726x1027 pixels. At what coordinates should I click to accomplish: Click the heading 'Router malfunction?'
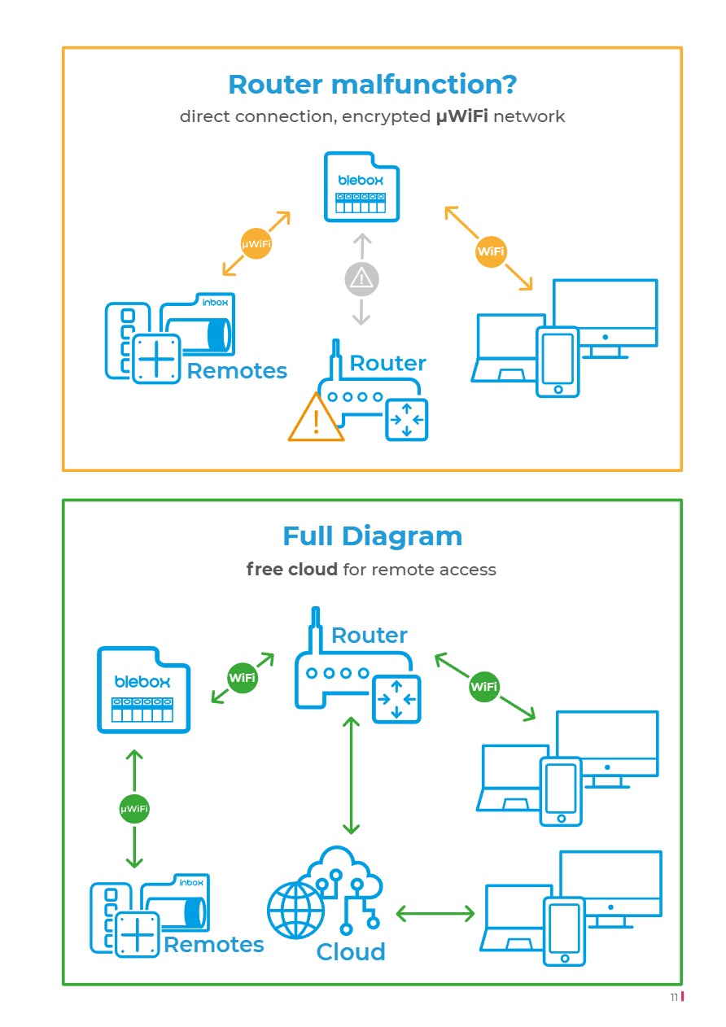372,85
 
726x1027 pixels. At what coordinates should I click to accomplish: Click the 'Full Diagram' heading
372,536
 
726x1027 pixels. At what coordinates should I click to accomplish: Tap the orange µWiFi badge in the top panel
256,243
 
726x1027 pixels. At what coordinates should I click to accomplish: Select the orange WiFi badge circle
491,251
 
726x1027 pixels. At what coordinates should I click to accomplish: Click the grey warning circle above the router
361,279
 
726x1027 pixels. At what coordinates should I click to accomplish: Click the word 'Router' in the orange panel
387,363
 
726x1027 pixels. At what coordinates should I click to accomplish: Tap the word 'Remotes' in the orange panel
237,371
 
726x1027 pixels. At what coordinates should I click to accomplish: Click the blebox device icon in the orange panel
362,187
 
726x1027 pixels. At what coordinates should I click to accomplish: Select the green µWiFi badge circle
134,809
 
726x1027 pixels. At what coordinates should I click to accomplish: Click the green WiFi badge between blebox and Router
243,678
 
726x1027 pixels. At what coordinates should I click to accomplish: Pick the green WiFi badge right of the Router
484,687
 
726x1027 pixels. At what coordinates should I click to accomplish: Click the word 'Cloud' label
351,952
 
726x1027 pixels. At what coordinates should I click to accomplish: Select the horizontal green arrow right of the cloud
435,914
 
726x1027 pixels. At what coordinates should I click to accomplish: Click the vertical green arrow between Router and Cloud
351,776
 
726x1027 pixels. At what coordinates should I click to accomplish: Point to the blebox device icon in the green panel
143,689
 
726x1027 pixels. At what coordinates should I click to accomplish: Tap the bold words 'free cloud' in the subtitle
291,570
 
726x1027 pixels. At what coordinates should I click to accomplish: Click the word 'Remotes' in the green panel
214,945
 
